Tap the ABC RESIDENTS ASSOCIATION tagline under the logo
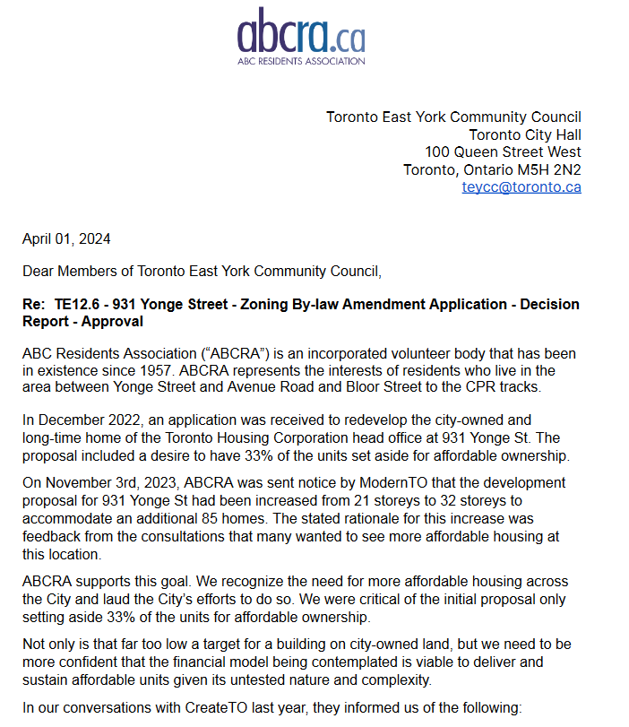pos(301,62)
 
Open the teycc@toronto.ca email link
pos(521,187)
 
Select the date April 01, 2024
pos(66,238)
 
